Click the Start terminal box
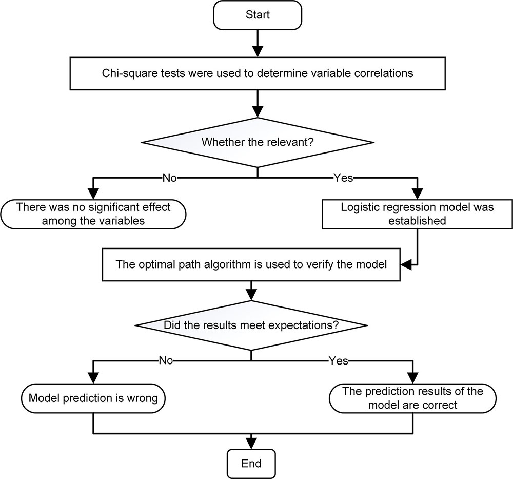(x=258, y=15)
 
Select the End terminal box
(x=251, y=464)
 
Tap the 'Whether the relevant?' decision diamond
(x=258, y=142)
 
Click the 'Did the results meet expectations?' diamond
(x=251, y=325)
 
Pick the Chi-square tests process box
(x=258, y=73)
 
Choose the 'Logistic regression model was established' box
(x=417, y=214)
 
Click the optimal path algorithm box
(x=251, y=264)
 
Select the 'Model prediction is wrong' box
(x=93, y=398)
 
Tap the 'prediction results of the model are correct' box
(x=412, y=398)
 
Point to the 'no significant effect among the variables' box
(x=93, y=214)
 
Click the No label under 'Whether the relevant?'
(x=169, y=178)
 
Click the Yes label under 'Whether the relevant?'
(x=343, y=178)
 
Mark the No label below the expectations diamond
(x=166, y=360)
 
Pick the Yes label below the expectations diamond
(x=338, y=360)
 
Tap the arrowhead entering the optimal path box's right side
(x=406, y=264)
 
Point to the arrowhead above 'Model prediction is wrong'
(x=93, y=378)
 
